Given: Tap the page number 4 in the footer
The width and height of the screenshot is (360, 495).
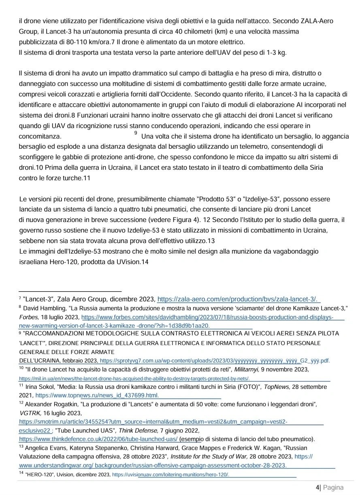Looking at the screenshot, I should (x=317, y=487).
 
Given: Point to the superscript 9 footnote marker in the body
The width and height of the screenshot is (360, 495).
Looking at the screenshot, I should (x=135, y=133).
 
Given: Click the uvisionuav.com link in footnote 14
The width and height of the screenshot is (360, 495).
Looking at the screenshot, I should (x=170, y=474).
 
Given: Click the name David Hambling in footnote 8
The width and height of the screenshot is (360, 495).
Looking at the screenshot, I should (x=42, y=308).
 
